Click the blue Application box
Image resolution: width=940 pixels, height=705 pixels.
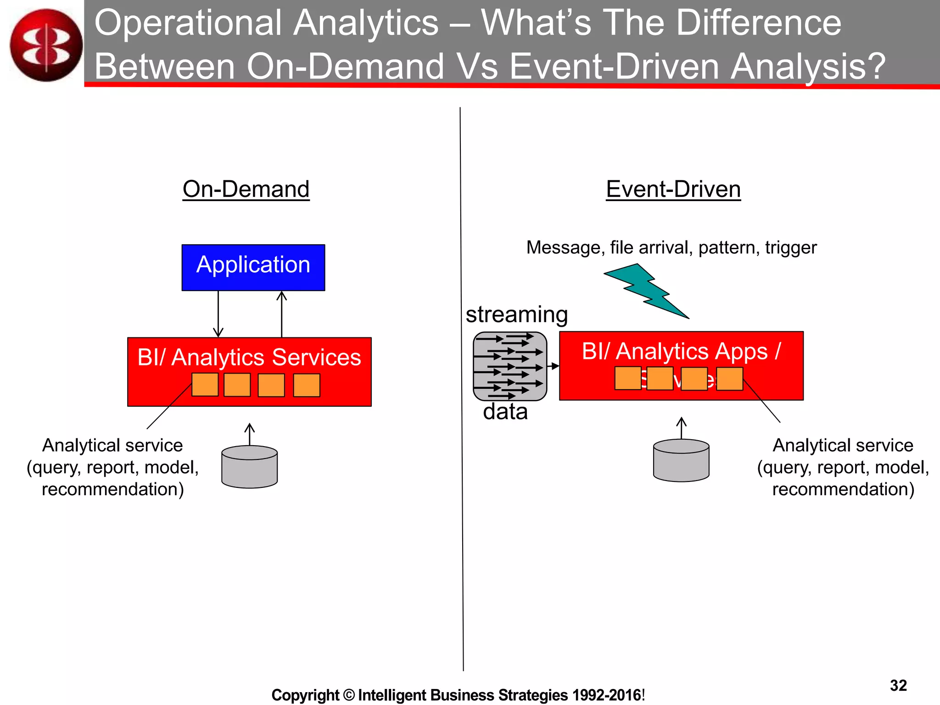click(x=253, y=267)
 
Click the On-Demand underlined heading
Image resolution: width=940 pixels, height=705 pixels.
click(x=246, y=189)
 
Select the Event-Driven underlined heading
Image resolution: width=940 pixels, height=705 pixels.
click(x=673, y=189)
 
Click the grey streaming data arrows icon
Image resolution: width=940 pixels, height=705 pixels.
click(x=510, y=366)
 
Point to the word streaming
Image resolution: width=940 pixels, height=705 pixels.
click(x=517, y=314)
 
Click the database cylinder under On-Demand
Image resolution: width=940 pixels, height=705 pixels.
click(x=249, y=466)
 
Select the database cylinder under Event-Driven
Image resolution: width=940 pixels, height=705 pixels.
click(x=681, y=460)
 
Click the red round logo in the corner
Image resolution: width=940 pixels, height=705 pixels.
click(x=46, y=45)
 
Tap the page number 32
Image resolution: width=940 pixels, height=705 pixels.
click(x=898, y=685)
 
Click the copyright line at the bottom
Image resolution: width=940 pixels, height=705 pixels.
click(x=458, y=695)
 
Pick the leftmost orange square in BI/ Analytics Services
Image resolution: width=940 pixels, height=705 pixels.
click(x=205, y=385)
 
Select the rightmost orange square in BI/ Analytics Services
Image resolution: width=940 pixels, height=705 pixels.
click(x=306, y=385)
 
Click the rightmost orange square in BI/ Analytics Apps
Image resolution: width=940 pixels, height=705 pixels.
click(x=729, y=379)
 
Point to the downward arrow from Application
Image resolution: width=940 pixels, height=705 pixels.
click(x=218, y=314)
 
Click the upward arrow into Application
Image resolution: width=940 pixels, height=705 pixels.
click(x=282, y=314)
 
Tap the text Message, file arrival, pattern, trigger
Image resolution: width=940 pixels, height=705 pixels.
click(x=671, y=247)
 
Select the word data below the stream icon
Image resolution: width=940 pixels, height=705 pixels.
click(x=505, y=412)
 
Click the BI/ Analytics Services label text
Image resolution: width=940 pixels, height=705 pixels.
click(x=249, y=357)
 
